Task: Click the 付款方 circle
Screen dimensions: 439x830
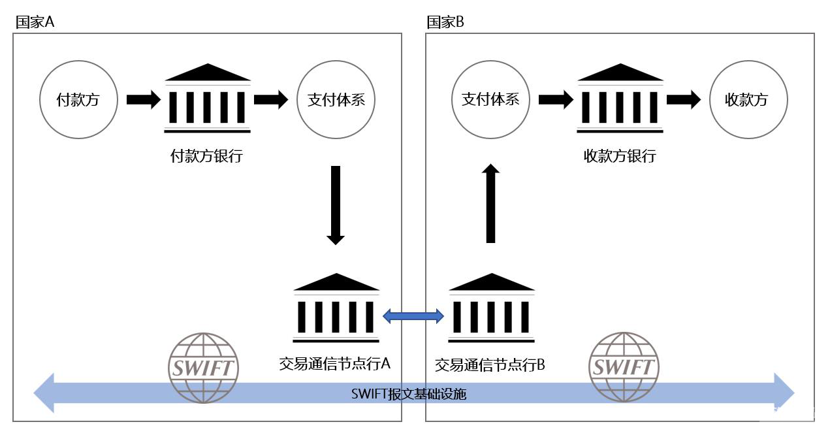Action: point(78,100)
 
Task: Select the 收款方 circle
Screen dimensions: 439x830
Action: point(748,100)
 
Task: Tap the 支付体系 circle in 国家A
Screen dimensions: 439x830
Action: point(336,100)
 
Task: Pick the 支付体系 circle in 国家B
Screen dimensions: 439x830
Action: point(490,100)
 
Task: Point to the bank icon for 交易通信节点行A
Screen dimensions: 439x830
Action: point(336,308)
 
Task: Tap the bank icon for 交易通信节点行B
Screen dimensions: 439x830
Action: point(491,308)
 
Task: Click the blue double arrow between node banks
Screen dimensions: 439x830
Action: point(413,317)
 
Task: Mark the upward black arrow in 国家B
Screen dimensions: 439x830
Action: point(491,204)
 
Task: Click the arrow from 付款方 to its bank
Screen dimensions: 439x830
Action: point(143,100)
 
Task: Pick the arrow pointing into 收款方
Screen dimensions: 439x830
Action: point(684,100)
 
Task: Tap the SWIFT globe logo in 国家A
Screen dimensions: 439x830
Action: point(203,366)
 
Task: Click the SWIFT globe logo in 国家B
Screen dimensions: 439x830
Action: point(624,366)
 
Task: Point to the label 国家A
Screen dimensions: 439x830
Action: point(35,22)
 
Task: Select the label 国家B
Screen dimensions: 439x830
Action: point(446,22)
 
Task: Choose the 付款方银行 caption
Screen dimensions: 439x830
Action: point(206,157)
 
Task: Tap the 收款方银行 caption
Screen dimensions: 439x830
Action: point(620,157)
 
